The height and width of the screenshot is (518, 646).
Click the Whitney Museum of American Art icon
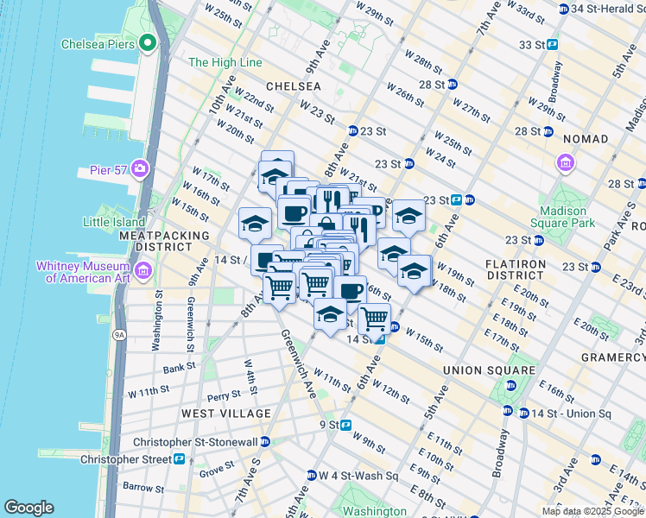click(143, 272)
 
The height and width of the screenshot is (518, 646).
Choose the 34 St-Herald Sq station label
click(603, 9)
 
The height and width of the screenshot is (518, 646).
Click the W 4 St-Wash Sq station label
click(359, 476)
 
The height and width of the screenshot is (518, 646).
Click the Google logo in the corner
click(28, 508)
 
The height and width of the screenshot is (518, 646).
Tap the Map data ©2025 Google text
click(592, 511)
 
